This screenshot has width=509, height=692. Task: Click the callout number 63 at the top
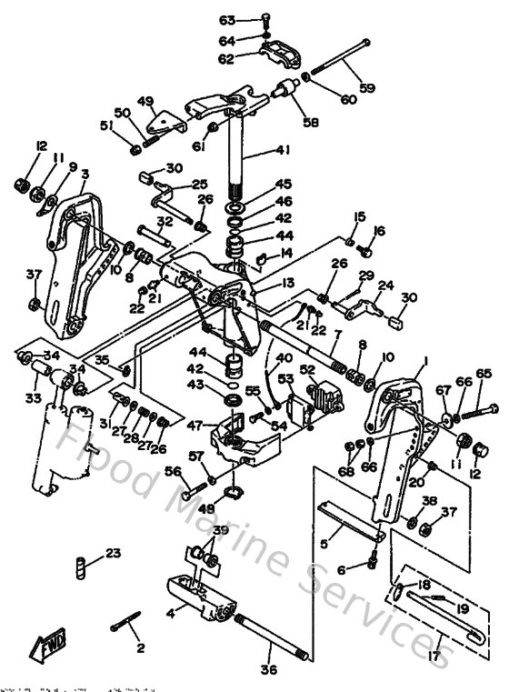227,20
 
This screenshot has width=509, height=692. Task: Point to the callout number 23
113,554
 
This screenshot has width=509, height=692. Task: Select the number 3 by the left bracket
84,174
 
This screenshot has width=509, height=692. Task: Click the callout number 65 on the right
483,373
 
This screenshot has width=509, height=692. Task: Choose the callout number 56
173,471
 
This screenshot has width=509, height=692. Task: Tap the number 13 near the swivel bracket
287,283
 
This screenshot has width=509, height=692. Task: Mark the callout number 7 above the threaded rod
335,335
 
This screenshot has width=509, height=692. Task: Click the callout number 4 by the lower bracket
170,613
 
